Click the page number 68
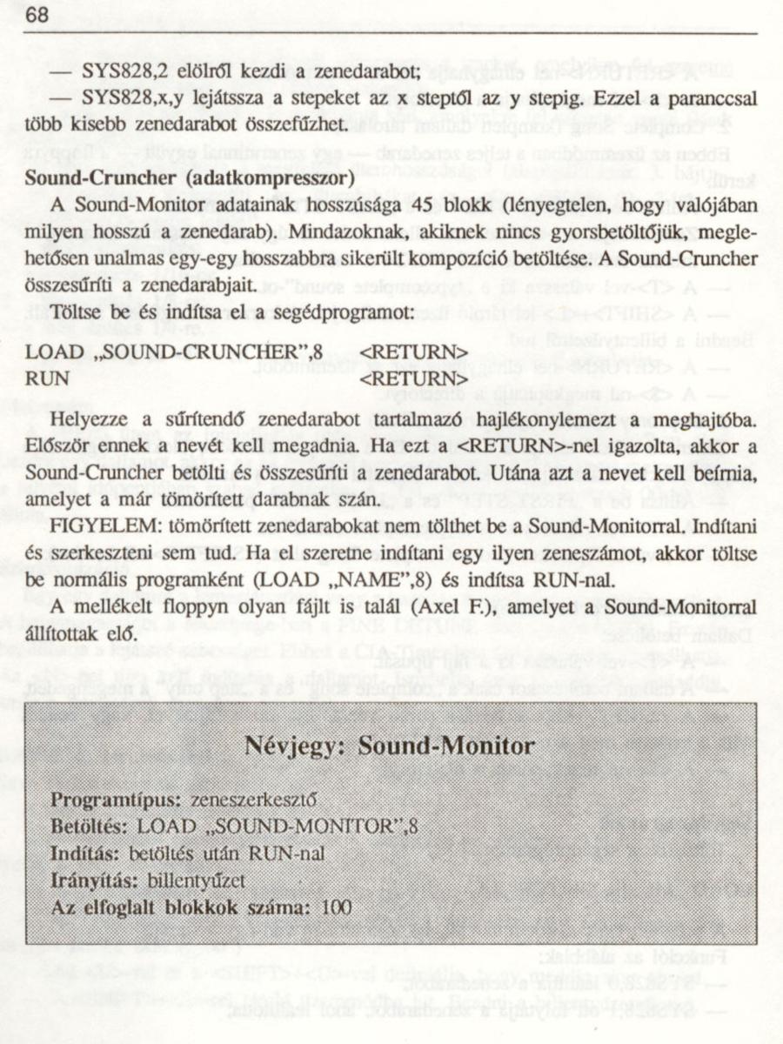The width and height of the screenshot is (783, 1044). point(36,16)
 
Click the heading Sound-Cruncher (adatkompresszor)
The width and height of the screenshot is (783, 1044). point(189,178)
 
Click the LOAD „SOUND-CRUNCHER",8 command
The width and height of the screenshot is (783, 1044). point(174,352)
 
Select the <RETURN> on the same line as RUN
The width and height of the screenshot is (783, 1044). point(414,380)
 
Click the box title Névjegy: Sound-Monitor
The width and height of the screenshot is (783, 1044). point(390,746)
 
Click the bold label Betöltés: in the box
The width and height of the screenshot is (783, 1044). point(90,826)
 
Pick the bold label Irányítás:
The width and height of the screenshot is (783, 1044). point(93,880)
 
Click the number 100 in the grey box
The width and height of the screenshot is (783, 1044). point(336,907)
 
